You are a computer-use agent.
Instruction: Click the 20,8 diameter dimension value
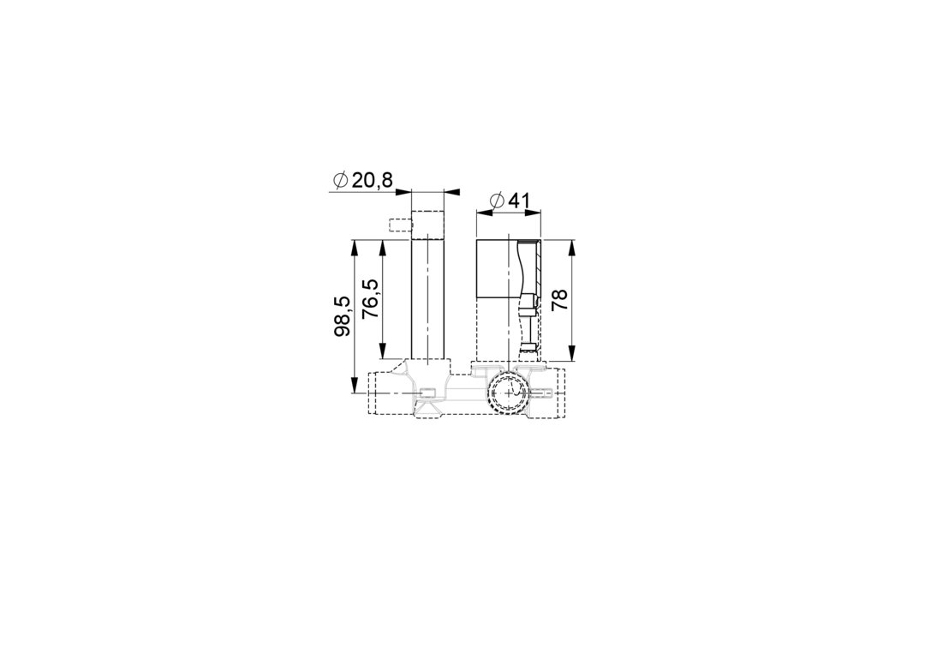373,180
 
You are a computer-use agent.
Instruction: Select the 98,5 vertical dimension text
342,316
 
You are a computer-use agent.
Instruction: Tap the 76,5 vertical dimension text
370,299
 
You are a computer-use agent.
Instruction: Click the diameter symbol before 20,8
340,181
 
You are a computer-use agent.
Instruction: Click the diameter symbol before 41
497,201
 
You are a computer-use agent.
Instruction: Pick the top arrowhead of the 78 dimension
572,248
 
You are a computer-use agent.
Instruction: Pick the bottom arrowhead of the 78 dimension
572,352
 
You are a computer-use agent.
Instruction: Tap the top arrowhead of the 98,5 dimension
354,248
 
